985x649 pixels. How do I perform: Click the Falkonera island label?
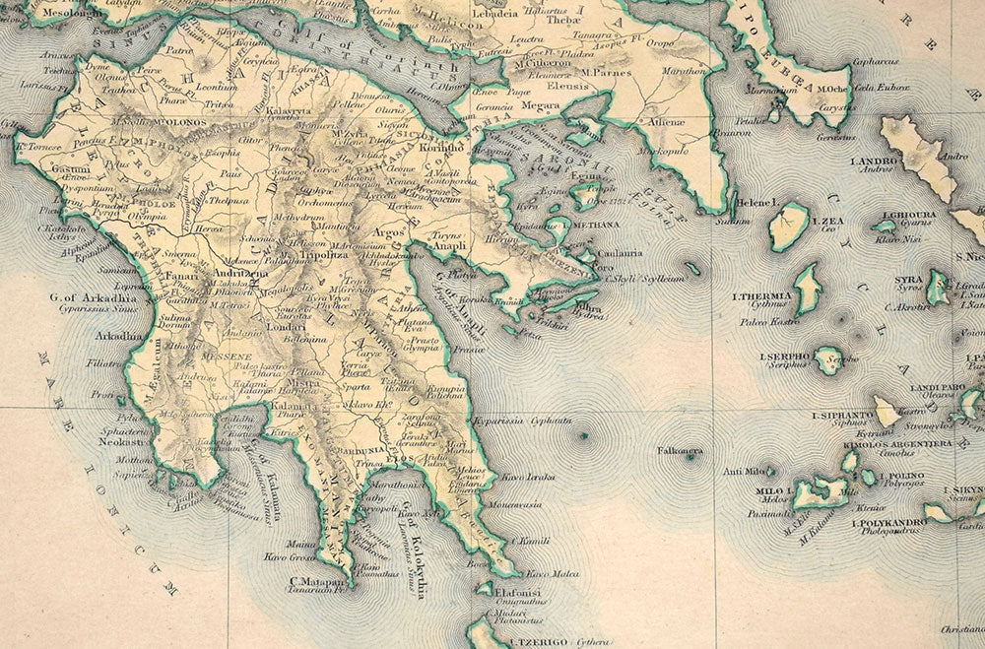coord(680,451)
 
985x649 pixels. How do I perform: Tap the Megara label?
coord(540,105)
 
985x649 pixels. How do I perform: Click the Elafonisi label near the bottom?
coord(523,593)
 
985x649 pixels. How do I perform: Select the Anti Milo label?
coord(744,471)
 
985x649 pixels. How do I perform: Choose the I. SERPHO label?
coord(784,356)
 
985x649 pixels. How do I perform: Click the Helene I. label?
coord(757,203)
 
